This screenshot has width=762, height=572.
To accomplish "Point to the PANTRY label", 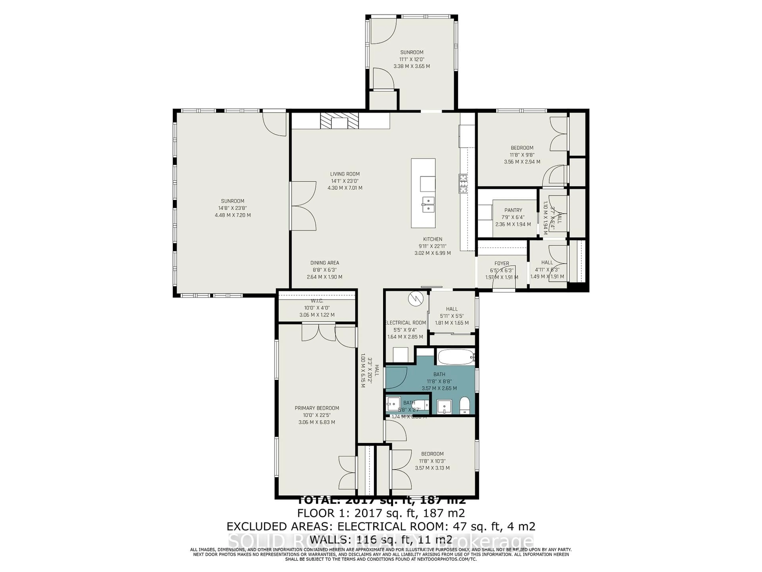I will click(513, 210).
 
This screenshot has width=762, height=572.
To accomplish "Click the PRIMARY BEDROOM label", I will click(317, 408).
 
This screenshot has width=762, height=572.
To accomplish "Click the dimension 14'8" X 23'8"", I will click(233, 208).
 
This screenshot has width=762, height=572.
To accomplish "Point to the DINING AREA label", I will click(324, 263).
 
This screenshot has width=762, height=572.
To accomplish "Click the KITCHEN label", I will click(432, 239).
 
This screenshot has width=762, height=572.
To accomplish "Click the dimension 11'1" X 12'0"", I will click(412, 59).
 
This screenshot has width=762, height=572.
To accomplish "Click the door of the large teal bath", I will click(397, 378).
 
